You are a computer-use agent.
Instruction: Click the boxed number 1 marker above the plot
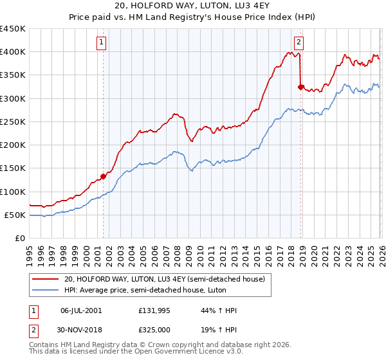click(102, 43)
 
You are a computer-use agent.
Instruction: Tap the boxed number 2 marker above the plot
click(299, 43)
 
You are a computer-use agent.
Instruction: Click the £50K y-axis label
click(15, 215)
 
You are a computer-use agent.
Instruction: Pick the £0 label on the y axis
click(21, 238)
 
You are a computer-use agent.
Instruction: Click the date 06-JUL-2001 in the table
click(80, 310)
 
